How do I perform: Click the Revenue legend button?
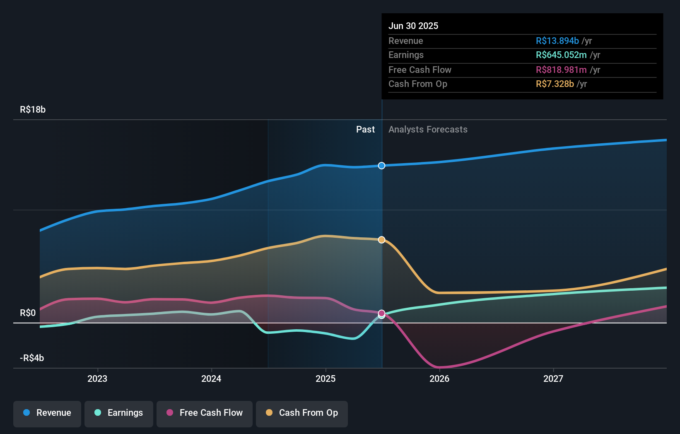point(47,413)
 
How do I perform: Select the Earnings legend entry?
point(119,413)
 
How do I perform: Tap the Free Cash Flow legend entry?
point(205,413)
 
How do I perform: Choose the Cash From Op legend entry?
point(302,413)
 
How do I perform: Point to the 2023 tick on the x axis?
point(97,379)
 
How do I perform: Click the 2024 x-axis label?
point(211,379)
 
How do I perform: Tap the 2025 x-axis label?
point(326,379)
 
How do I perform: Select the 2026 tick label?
point(439,379)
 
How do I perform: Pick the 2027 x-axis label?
point(553,379)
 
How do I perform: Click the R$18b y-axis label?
point(33,110)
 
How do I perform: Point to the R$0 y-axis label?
point(28,313)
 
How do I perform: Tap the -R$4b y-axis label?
point(32,358)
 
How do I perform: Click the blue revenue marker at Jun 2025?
point(382,166)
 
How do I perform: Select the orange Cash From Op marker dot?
point(382,240)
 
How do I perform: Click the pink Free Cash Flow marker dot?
point(382,313)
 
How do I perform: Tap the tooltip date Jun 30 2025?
point(413,26)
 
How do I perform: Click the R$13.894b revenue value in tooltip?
point(557,41)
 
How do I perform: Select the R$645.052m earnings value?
point(561,55)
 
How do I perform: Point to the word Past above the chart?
point(365,130)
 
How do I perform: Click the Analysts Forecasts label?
point(428,130)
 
